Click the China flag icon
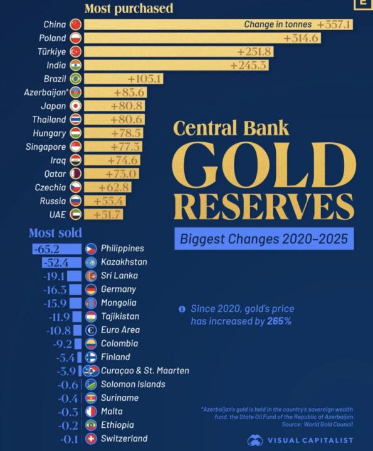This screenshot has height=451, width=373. click(x=76, y=24)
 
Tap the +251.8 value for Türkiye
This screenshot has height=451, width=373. click(x=251, y=52)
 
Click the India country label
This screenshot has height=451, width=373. click(x=56, y=65)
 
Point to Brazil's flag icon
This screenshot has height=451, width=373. click(x=76, y=79)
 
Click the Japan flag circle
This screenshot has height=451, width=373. click(x=76, y=106)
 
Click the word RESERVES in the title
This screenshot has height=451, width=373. click(x=263, y=205)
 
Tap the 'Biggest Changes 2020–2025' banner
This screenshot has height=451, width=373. click(x=263, y=239)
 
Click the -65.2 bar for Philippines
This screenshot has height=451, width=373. click(x=57, y=249)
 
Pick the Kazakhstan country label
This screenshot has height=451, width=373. click(x=124, y=262)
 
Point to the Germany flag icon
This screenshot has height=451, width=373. click(x=91, y=289)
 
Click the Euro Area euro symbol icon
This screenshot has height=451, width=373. click(x=91, y=330)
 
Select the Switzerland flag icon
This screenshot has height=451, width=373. click(x=91, y=439)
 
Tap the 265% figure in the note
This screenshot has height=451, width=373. click(x=281, y=321)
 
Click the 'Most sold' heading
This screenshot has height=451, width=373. click(x=55, y=233)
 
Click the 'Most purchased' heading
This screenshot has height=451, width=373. click(x=129, y=9)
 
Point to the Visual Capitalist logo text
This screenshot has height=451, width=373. click(x=310, y=440)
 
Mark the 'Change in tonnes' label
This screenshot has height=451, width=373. click(x=278, y=25)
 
